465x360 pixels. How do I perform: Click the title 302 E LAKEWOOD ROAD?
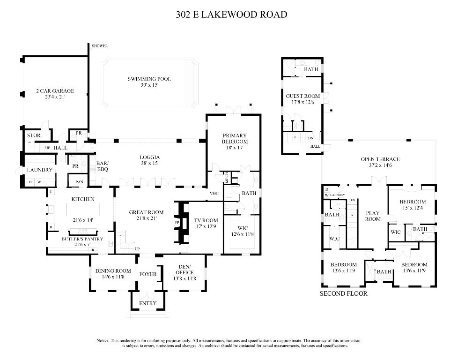pyautogui.click(x=231, y=15)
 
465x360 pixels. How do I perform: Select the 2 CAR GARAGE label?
pyautogui.click(x=55, y=91)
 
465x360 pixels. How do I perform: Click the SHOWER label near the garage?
pyautogui.click(x=100, y=46)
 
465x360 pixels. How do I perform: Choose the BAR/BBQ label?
pyautogui.click(x=103, y=166)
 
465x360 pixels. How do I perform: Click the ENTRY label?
pyautogui.click(x=148, y=303)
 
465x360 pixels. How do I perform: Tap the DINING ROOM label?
pyautogui.click(x=113, y=270)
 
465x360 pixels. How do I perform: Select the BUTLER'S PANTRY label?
pyautogui.click(x=78, y=239)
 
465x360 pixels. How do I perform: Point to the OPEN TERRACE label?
pyautogui.click(x=380, y=159)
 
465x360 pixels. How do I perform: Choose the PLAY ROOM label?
pyautogui.click(x=373, y=216)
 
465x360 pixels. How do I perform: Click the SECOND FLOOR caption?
pyautogui.click(x=343, y=294)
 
